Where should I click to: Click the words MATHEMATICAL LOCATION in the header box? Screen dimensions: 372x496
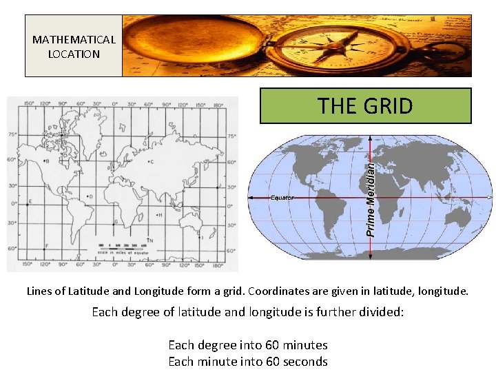click(x=74, y=47)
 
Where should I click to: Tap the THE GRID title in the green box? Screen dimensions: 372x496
click(x=365, y=106)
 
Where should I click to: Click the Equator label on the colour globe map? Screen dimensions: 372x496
click(x=282, y=198)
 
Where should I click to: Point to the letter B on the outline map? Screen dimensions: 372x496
click(x=46, y=161)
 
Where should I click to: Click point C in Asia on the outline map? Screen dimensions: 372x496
click(x=151, y=162)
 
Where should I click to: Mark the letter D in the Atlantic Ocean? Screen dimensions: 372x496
click(x=90, y=196)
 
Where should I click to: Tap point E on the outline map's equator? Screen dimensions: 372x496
click(x=29, y=203)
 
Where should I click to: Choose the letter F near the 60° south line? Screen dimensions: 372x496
click(x=46, y=246)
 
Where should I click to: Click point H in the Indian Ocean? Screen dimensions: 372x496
click(x=161, y=215)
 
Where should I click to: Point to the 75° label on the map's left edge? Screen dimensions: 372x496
click(x=12, y=135)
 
